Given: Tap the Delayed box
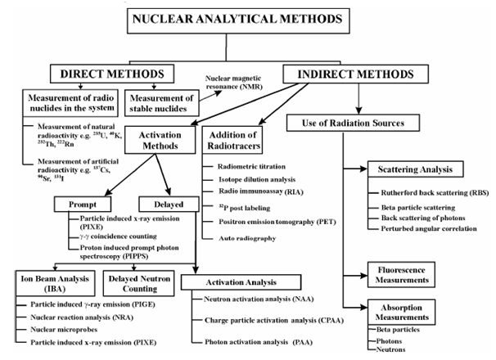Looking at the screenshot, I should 159,203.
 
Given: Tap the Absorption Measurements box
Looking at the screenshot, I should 414,315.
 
